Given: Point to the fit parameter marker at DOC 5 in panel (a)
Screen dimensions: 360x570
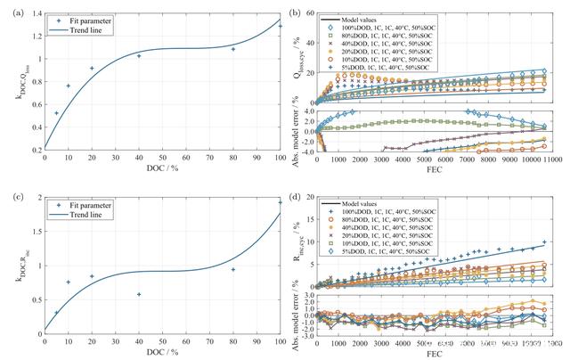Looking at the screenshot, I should click(x=56, y=113).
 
